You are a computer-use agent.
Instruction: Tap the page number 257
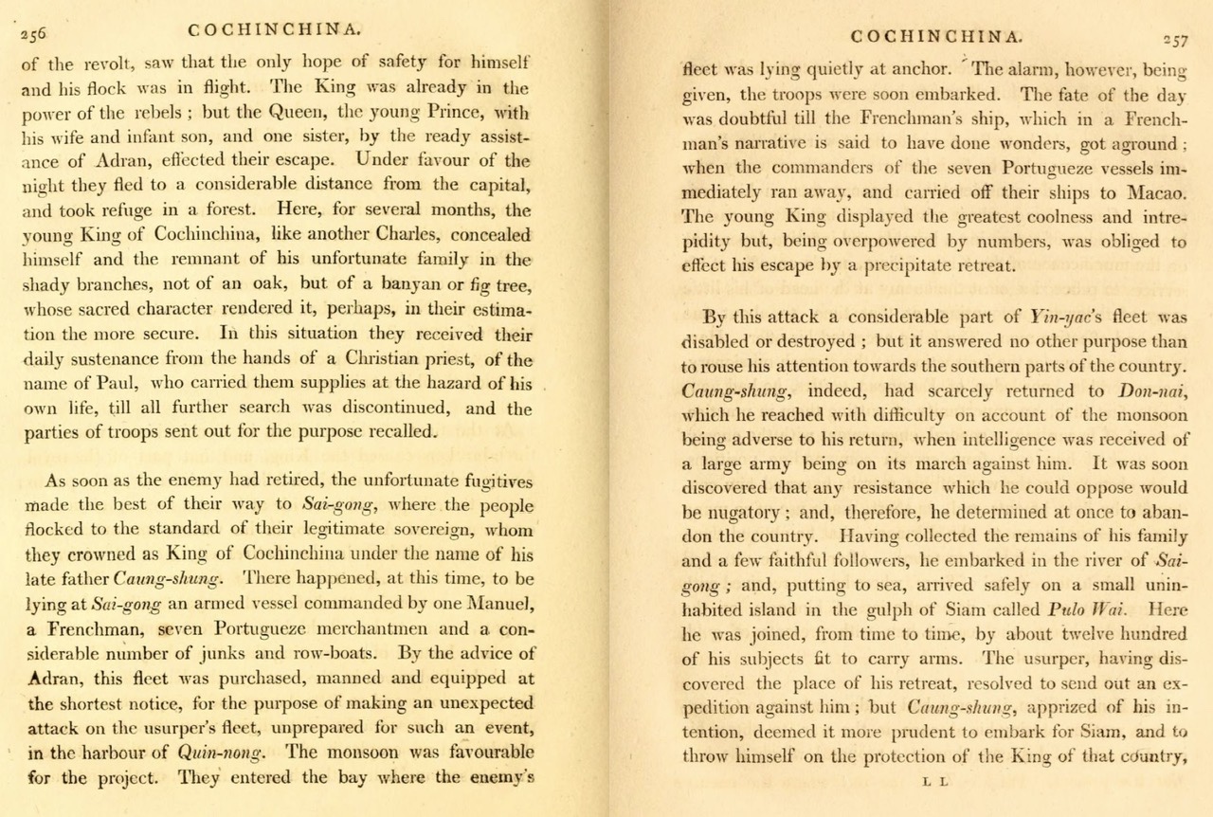[1175, 40]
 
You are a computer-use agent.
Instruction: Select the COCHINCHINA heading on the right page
[935, 37]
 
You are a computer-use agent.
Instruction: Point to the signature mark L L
[934, 782]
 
